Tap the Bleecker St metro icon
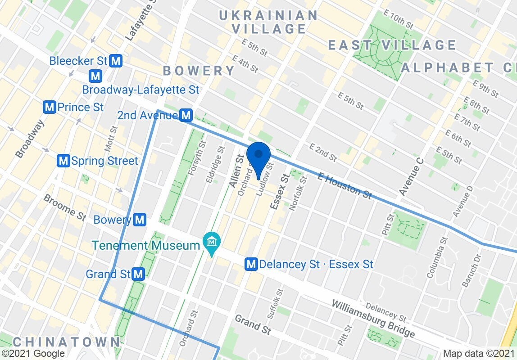117,61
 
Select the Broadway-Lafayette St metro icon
95,75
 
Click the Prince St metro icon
50,108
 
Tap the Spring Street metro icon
64,161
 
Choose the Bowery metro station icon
141,220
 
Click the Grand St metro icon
139,274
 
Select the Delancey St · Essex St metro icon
251,264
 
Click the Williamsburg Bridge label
373,319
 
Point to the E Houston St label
345,185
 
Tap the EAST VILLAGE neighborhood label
392,45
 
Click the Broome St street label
64,207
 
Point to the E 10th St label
397,20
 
